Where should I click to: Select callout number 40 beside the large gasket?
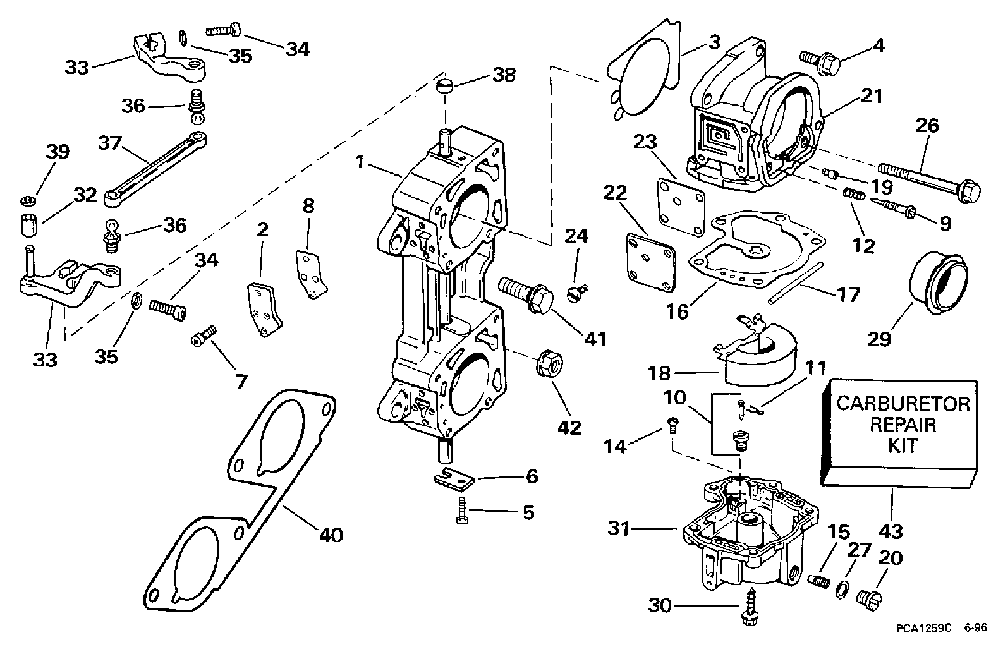pos(331,535)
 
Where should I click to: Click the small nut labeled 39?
pos(28,201)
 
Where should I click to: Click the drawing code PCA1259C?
pos(922,628)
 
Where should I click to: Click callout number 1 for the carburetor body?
pos(360,162)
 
